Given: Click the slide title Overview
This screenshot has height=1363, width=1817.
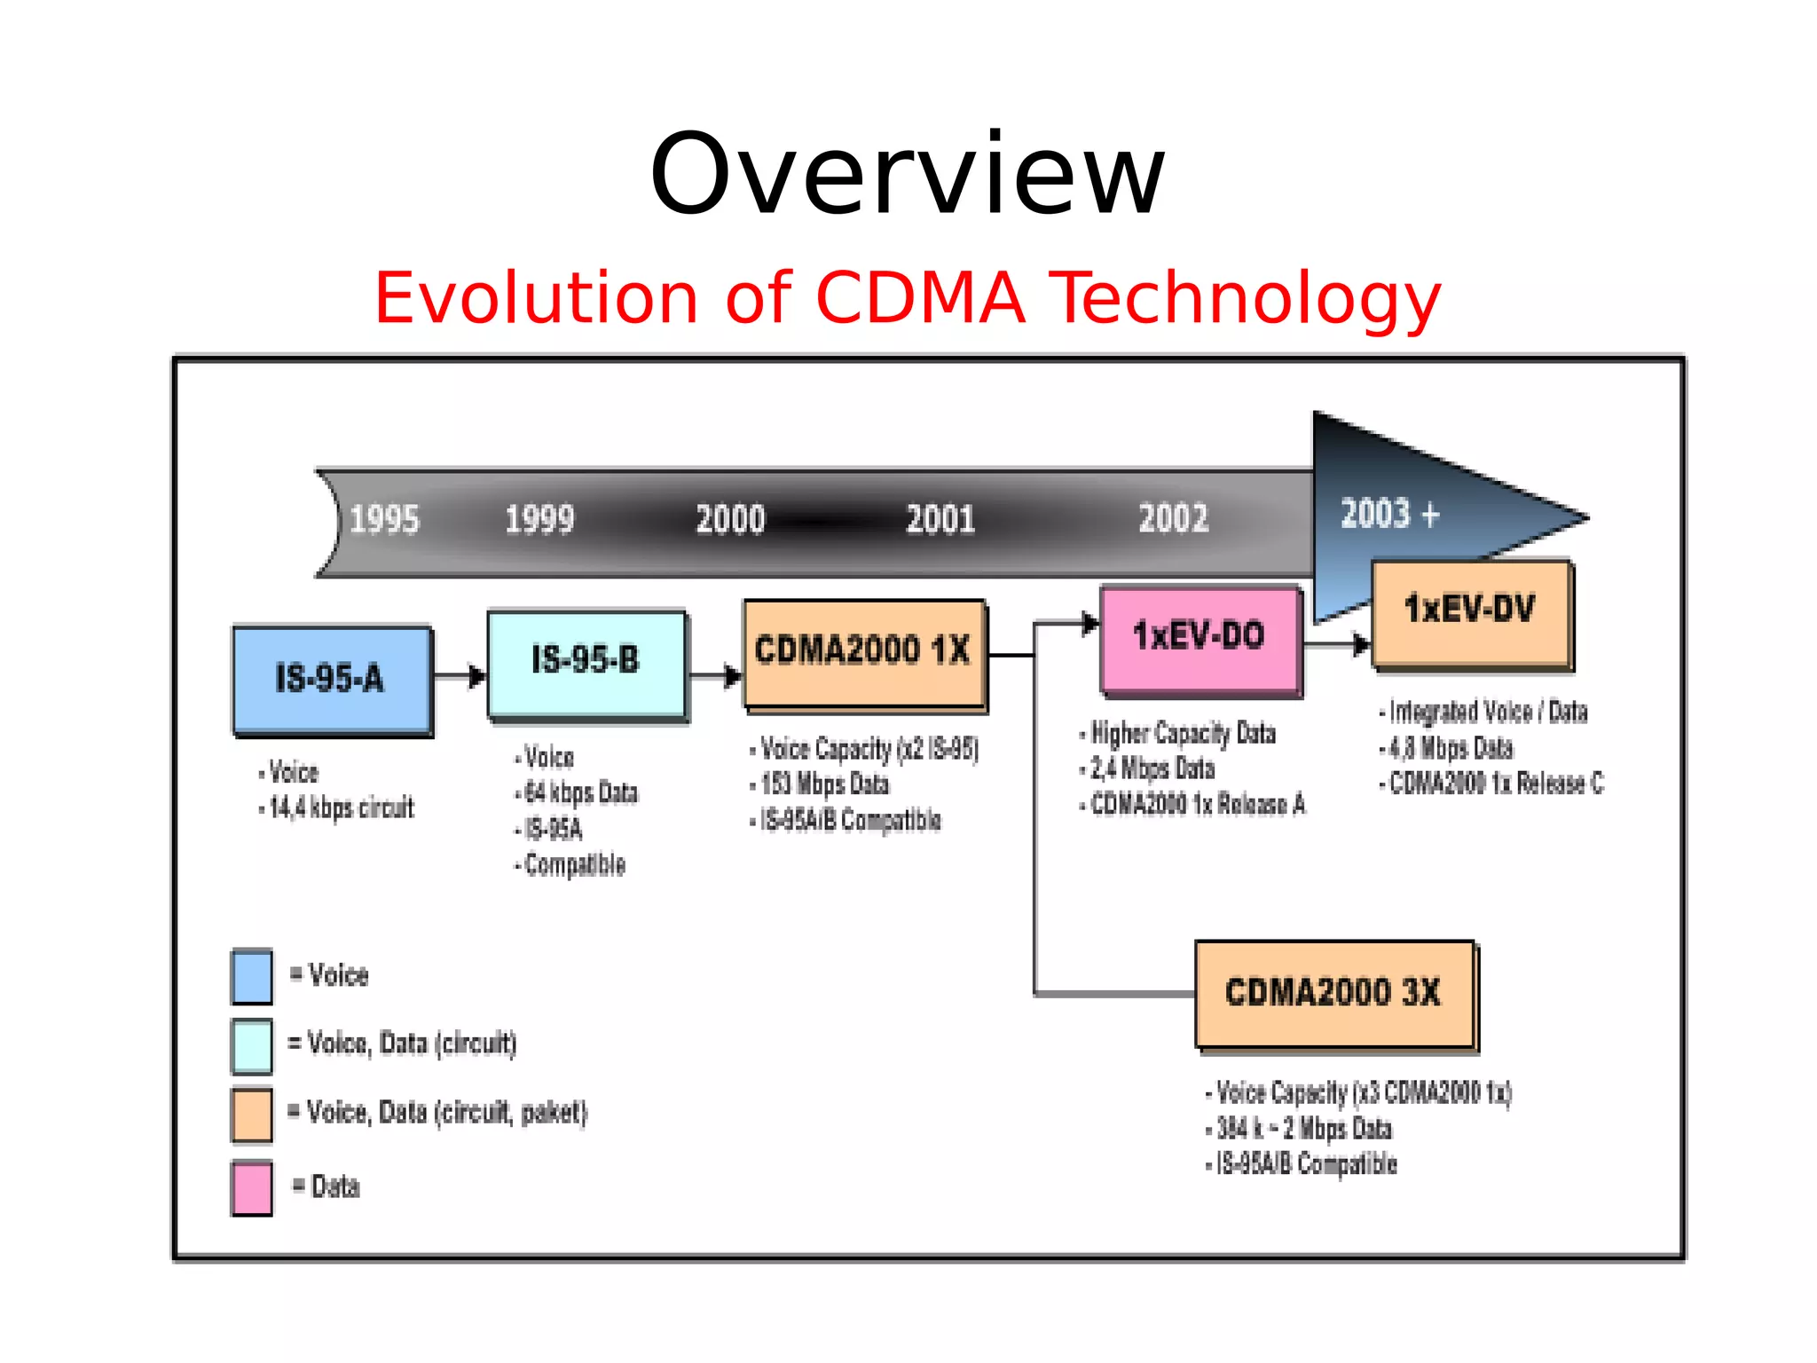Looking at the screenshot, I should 907,175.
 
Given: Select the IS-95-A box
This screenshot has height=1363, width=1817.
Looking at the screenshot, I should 331,679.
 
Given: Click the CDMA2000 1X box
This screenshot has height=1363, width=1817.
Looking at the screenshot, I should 863,651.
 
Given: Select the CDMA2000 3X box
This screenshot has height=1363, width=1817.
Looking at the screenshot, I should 1333,993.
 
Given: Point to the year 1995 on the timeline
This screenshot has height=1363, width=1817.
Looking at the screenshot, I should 383,520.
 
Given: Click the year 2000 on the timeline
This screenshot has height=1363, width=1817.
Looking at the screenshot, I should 729,520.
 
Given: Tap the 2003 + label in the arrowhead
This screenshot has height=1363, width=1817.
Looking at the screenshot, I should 1389,515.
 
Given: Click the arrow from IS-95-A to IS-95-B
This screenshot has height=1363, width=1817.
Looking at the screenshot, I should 460,677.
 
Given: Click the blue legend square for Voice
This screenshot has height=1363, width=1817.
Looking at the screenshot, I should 252,976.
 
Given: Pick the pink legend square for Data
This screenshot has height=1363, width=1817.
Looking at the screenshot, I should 252,1187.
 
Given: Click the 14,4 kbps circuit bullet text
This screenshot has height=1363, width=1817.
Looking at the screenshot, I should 342,808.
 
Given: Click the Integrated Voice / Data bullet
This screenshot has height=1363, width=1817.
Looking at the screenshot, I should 1488,712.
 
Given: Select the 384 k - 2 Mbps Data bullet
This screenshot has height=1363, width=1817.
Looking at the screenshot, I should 1303,1129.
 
